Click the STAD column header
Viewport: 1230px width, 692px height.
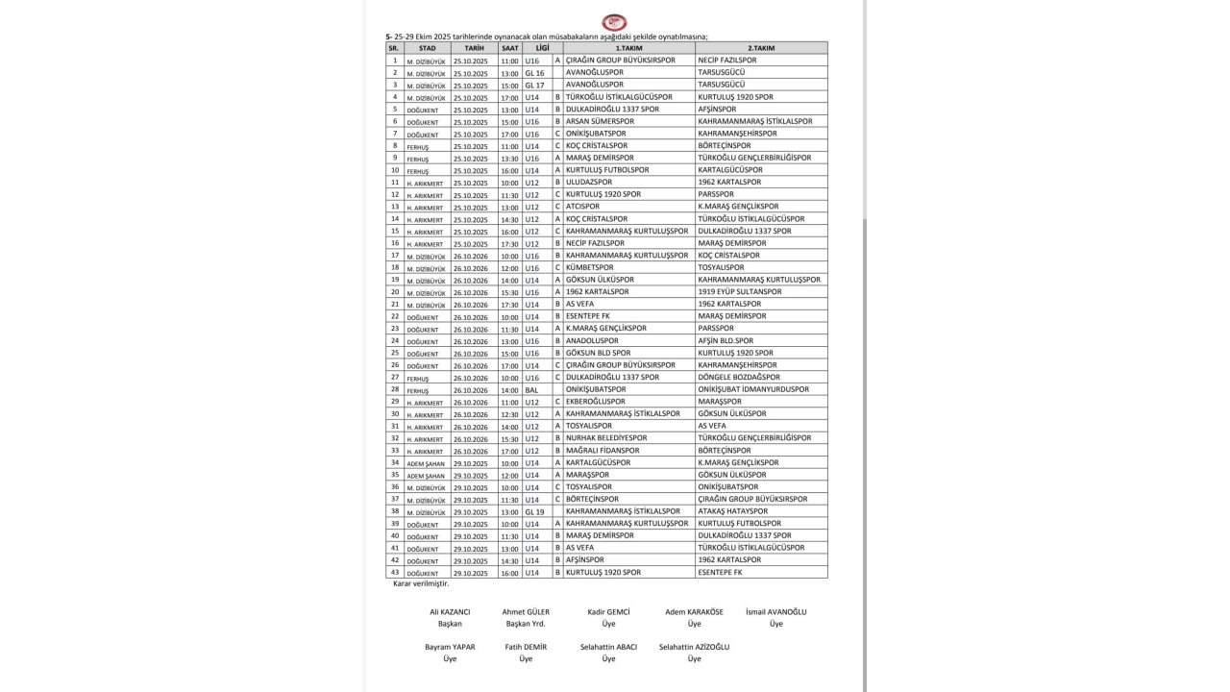point(428,48)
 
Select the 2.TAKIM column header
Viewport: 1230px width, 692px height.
point(761,48)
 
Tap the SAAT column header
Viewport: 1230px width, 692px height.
point(509,48)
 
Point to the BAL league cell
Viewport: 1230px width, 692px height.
point(531,390)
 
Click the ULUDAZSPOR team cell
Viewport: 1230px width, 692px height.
point(589,182)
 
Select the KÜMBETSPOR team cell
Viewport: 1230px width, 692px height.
point(589,267)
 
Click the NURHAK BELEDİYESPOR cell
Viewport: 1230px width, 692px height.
point(606,438)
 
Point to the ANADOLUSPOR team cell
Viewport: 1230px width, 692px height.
point(592,341)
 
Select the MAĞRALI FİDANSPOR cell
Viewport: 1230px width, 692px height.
point(603,451)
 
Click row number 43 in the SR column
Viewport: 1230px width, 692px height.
point(394,573)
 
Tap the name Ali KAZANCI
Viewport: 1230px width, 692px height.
point(450,612)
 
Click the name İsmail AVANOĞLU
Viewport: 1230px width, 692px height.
point(775,612)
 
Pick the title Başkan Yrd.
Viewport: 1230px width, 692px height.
point(525,624)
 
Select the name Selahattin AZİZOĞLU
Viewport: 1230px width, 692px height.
point(694,647)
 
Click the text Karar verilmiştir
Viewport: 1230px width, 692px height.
point(421,583)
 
